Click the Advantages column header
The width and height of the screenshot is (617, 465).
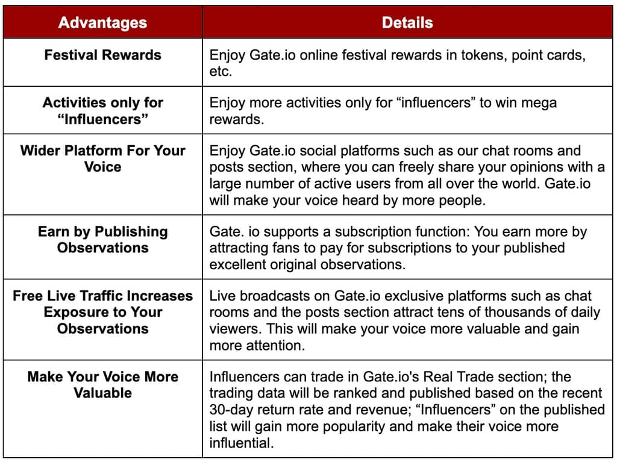pos(102,23)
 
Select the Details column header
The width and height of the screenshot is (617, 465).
pos(407,23)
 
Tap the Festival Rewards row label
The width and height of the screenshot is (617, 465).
pos(102,55)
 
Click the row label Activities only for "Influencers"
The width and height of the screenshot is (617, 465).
pos(102,111)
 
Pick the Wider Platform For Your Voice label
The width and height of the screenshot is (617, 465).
pos(102,158)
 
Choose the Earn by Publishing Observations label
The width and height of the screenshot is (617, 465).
pos(102,240)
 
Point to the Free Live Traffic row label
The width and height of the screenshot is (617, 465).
pos(102,312)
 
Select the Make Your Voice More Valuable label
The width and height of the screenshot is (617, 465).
pos(102,385)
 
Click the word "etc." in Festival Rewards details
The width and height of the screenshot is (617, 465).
pos(221,72)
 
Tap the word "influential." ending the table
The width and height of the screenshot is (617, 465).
pos(241,443)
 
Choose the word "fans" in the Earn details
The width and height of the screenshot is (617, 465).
pos(287,248)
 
